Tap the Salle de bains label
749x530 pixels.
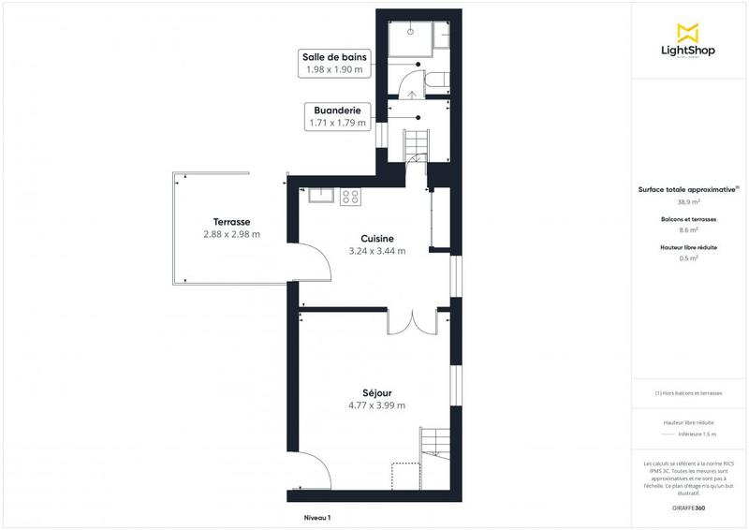tap(333, 56)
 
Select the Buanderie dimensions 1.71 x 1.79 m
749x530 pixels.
tap(336, 123)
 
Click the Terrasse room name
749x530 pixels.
tap(231, 221)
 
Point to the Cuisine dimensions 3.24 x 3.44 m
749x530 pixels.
tap(377, 251)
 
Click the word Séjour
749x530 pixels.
tap(376, 392)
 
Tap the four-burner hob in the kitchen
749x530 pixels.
tap(351, 196)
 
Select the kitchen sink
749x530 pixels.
tap(320, 196)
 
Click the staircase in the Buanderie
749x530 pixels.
tap(416, 145)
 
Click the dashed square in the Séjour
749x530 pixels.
tap(404, 475)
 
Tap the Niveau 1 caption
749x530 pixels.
tap(317, 517)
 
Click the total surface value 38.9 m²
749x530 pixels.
tap(688, 201)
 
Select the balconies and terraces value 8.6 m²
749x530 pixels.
tap(688, 229)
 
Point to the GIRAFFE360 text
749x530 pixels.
tap(688, 506)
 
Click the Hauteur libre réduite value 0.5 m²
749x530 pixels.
tap(688, 258)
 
